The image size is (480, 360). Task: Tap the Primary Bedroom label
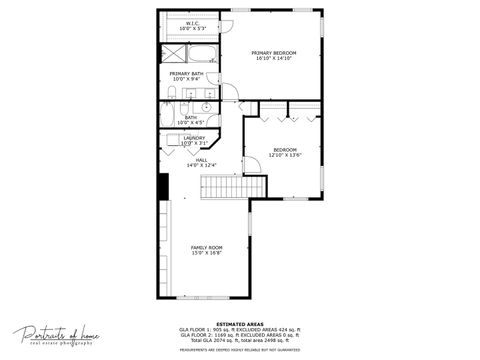coord(272,53)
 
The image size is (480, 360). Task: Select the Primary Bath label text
coord(187,73)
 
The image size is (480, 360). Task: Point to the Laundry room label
coord(194,138)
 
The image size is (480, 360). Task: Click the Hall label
coord(201,160)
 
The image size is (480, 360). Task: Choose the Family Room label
coord(207,247)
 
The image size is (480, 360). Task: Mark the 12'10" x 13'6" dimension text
coord(285,155)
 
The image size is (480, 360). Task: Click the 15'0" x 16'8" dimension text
coord(207,253)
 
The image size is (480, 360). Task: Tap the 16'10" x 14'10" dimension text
coord(272,59)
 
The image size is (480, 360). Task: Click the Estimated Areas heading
coord(240,324)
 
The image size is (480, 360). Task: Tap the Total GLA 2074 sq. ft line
coord(240,340)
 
